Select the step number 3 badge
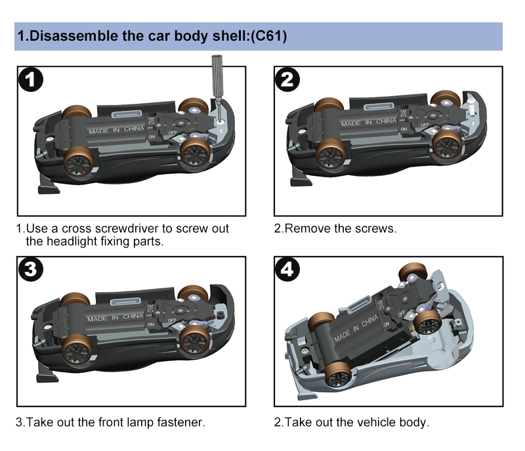[x=31, y=270]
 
